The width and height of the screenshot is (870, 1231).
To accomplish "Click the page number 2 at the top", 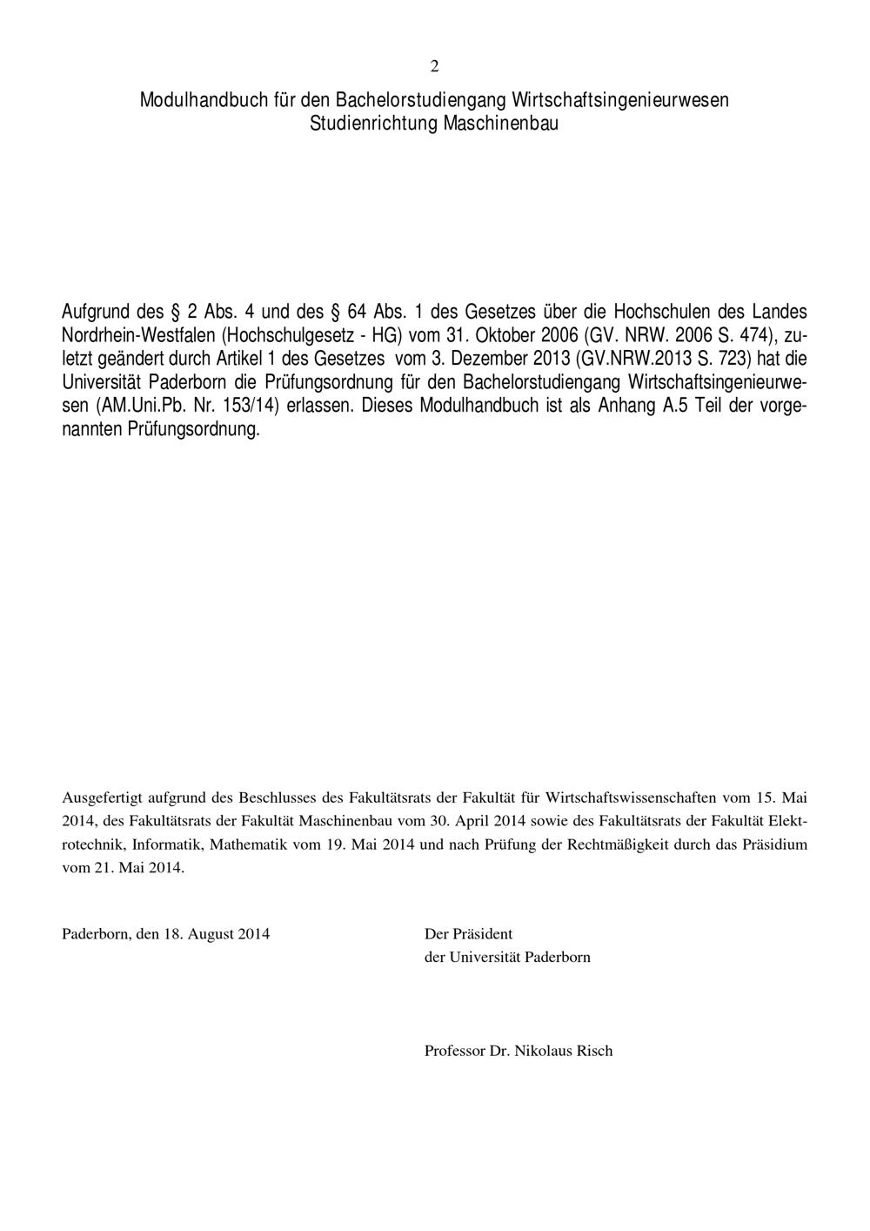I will (434, 67).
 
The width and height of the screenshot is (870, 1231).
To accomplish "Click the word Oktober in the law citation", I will (505, 334).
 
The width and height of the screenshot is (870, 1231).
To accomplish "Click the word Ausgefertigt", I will (102, 797).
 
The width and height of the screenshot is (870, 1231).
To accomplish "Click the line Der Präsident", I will (468, 934).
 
